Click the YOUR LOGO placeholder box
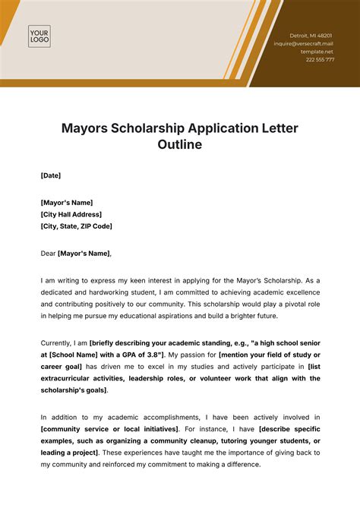(39, 36)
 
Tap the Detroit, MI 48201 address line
(311, 36)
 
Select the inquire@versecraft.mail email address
(304, 43)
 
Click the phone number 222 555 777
(319, 59)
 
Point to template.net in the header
(318, 51)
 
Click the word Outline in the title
(180, 144)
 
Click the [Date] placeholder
(51, 175)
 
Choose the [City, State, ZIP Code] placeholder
(77, 226)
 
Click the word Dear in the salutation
(49, 253)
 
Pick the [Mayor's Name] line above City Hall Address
(67, 203)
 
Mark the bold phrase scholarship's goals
(74, 390)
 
